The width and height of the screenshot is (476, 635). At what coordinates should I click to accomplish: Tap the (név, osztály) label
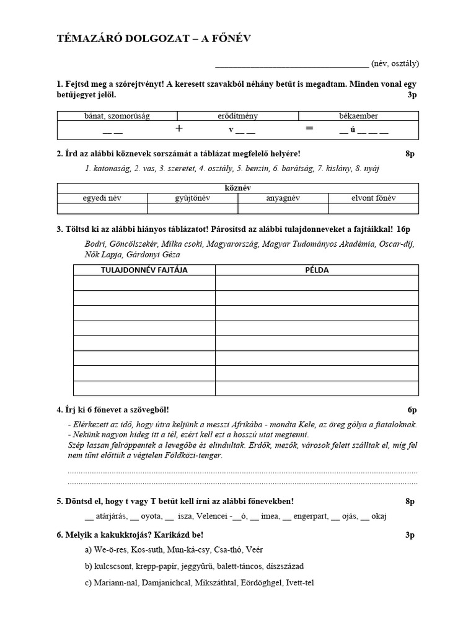coord(395,63)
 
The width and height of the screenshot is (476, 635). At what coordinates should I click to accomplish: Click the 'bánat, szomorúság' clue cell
coord(117,115)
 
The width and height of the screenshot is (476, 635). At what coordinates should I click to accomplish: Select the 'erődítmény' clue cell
coord(238,115)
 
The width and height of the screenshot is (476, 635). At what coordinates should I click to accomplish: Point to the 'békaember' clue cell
coord(358,115)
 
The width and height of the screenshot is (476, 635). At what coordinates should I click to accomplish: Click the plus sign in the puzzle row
coord(179,128)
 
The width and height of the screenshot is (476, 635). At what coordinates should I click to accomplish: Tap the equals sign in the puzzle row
coord(309,128)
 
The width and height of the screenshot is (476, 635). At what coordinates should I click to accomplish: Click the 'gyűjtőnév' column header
coord(193,198)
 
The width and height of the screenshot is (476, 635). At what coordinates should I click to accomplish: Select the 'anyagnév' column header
coord(283,198)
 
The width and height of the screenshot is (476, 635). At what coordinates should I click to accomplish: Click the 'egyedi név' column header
coord(102,198)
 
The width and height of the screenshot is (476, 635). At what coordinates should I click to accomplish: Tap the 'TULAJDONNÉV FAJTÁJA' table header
coord(144,270)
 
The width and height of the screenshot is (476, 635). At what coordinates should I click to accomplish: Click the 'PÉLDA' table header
coord(317,270)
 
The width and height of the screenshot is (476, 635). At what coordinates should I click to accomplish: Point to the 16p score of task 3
coord(403,229)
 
